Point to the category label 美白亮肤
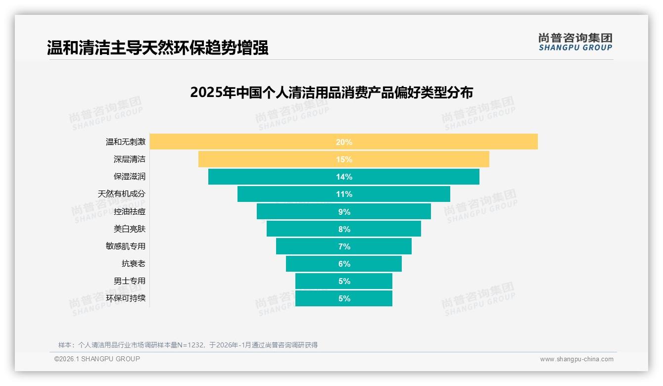130,229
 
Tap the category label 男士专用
130,281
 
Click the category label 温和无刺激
126,142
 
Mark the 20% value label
344,142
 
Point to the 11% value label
344,194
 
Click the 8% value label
344,229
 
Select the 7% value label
344,246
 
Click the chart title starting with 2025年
331,93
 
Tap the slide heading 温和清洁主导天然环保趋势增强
157,48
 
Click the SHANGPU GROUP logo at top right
575,42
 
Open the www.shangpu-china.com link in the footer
576,359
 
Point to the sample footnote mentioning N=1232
188,345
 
